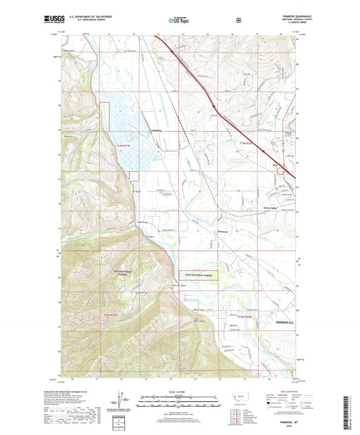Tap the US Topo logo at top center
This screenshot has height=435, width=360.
tap(179, 21)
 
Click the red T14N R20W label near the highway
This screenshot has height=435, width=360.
tap(249, 143)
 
